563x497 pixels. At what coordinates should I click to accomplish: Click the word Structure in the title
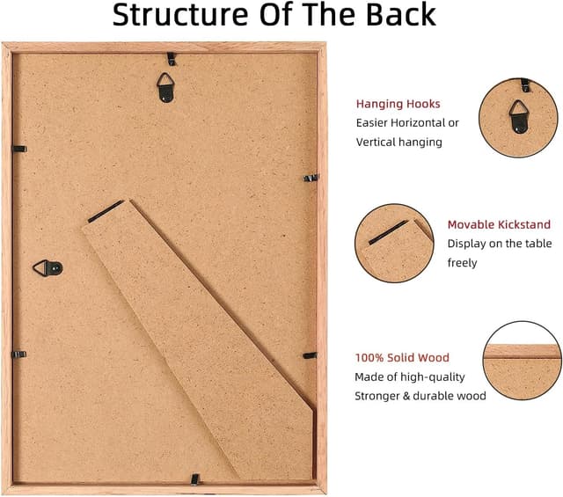click(179, 14)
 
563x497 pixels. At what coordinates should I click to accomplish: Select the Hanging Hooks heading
click(398, 104)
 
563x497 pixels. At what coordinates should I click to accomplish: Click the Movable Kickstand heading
click(499, 224)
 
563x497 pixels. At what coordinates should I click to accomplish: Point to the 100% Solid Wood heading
click(402, 357)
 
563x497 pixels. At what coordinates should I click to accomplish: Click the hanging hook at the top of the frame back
click(165, 87)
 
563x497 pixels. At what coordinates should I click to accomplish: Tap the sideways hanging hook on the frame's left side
click(48, 268)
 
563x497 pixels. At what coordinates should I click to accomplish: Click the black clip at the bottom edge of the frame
click(195, 479)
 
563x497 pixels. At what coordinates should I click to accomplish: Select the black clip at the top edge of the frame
click(172, 59)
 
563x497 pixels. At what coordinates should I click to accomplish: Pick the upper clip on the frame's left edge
click(19, 149)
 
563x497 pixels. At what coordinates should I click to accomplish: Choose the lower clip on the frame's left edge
click(19, 354)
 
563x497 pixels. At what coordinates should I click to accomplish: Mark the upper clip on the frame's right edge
click(311, 178)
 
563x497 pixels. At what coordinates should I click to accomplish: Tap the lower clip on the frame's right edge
click(310, 355)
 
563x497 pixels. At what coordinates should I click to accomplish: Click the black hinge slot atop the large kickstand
click(106, 211)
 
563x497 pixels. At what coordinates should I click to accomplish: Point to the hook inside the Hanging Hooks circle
click(518, 116)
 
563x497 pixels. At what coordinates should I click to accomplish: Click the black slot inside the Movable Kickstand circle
click(389, 232)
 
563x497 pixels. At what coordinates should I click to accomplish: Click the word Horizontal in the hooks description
click(418, 123)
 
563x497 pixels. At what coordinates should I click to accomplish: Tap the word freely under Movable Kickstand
click(462, 263)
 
